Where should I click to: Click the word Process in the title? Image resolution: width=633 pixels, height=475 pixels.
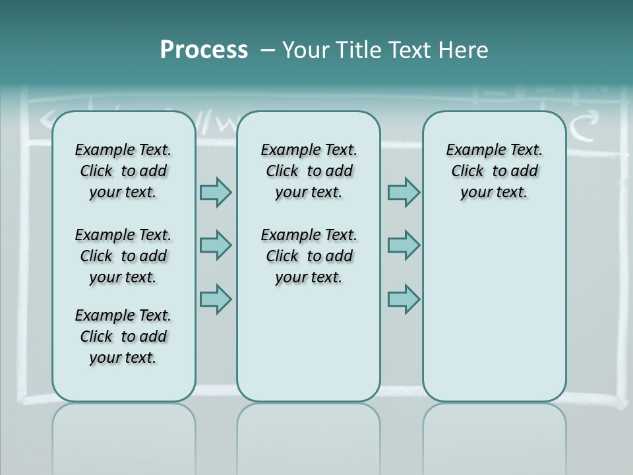tap(204, 50)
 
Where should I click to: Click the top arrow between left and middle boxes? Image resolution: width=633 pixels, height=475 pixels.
tap(216, 192)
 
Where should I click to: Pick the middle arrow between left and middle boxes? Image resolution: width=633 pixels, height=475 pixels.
tap(216, 245)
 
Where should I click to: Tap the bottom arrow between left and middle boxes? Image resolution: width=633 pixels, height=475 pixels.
tap(216, 299)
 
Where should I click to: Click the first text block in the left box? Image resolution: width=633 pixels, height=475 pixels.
tap(123, 171)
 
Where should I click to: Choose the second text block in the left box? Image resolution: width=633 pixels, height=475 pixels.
tap(123, 256)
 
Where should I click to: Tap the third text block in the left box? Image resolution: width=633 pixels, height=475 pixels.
tap(123, 336)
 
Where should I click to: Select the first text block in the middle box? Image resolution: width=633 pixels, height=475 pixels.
tap(309, 171)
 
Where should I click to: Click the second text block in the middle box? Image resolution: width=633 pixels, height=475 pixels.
tap(309, 256)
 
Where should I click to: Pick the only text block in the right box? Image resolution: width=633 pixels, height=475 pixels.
tap(495, 171)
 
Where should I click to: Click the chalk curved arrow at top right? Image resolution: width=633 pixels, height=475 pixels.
tap(584, 125)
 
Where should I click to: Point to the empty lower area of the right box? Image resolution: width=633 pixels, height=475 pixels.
tap(495, 317)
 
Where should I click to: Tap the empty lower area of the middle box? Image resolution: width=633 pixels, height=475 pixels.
tap(309, 343)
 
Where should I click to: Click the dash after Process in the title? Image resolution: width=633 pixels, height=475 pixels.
tap(268, 50)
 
